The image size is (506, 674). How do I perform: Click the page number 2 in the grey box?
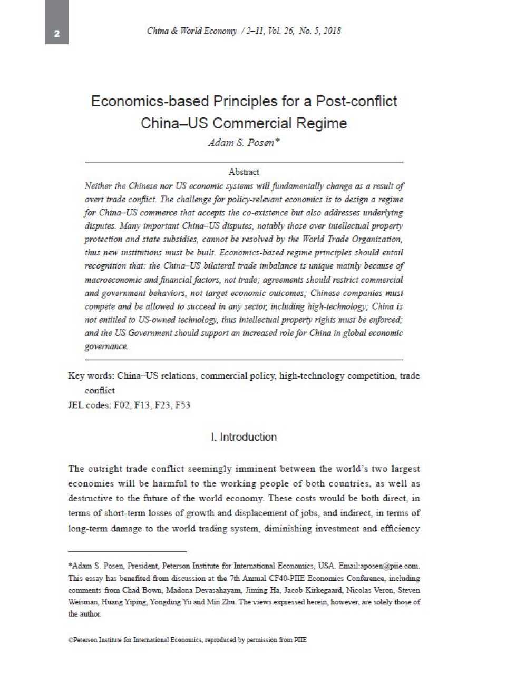tap(56, 34)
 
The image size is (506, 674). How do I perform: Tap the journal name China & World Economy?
tap(191, 31)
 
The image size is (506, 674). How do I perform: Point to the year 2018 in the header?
tap(332, 31)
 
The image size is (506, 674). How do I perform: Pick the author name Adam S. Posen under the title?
tap(241, 143)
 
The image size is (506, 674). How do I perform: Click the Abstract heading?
tap(244, 172)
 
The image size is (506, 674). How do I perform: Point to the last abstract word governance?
tap(106, 346)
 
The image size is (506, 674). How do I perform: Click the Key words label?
tap(90, 376)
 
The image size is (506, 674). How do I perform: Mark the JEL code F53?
tap(182, 405)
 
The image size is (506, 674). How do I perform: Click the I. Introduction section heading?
tap(244, 437)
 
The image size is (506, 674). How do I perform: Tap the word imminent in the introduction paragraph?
tap(256, 469)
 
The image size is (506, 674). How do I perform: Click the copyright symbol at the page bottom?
tap(70, 640)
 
